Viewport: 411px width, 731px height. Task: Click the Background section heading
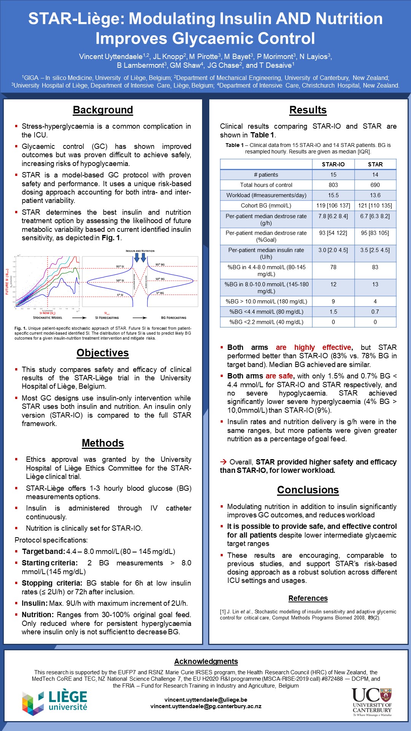(103, 110)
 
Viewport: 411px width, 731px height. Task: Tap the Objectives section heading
(103, 353)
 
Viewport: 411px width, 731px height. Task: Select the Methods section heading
(103, 443)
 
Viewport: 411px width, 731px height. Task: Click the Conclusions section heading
(308, 490)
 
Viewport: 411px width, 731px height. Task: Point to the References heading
(308, 599)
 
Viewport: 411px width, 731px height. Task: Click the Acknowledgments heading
(206, 662)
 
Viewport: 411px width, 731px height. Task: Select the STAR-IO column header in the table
(333, 164)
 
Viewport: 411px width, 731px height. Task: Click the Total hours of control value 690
(375, 185)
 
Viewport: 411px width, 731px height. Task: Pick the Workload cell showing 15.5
(333, 195)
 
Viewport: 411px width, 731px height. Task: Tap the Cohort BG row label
(266, 206)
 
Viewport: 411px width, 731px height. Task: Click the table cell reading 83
(375, 267)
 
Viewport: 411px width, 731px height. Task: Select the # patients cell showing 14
(375, 175)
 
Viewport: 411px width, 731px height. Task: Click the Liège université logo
(55, 702)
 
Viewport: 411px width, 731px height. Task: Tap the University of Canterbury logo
(372, 702)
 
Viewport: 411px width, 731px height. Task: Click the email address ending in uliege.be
(206, 700)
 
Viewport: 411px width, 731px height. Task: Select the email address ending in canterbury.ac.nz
(206, 706)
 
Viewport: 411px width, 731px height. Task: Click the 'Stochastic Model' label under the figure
(48, 318)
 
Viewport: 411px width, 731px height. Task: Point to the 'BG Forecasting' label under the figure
(174, 318)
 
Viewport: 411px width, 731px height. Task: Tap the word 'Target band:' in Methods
(43, 552)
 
